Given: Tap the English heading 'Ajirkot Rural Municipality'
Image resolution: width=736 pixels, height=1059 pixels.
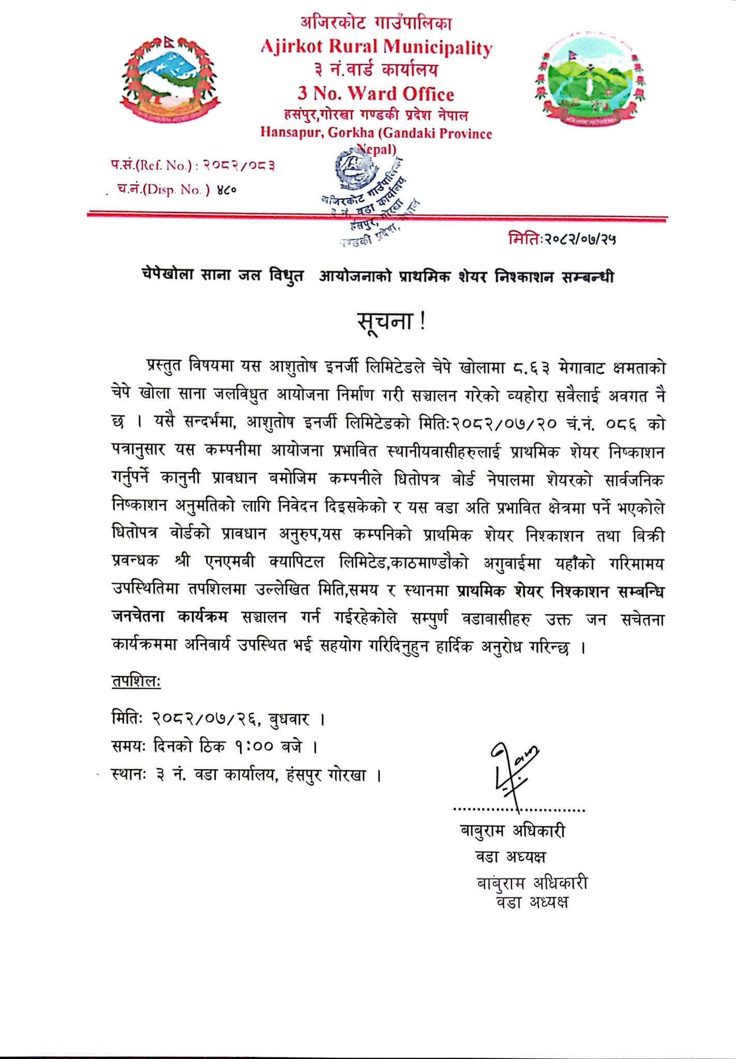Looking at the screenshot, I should point(376,47).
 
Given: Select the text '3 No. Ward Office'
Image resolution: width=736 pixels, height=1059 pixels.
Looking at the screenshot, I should point(375,94).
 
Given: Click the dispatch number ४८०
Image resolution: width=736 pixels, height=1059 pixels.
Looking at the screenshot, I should point(227,190).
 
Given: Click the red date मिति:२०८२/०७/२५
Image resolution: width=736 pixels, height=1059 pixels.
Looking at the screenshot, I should point(562,239).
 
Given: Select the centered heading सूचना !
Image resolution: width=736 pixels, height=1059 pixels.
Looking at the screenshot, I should point(392,322).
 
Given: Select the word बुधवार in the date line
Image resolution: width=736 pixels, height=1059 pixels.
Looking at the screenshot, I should point(289,719).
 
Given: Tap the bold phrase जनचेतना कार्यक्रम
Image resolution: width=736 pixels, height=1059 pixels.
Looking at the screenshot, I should point(170,618).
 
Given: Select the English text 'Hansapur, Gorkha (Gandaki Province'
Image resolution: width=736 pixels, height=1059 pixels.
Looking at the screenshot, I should point(376,133).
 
